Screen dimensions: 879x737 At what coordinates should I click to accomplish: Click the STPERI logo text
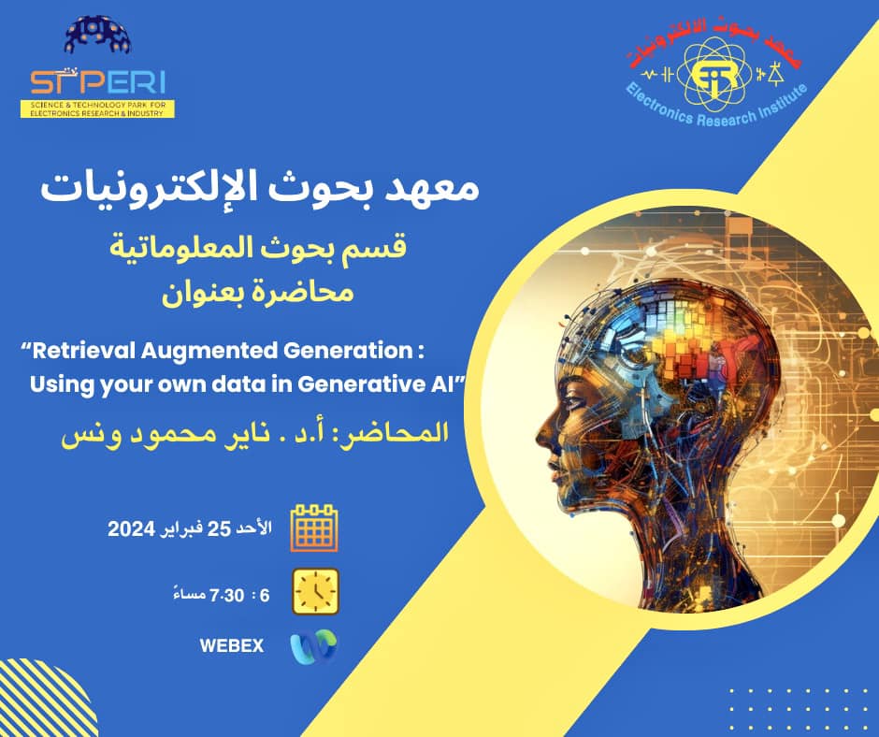tap(97, 83)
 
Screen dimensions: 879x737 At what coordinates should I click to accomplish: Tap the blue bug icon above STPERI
tap(97, 35)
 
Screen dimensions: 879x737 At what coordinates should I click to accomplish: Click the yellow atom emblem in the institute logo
tap(713, 75)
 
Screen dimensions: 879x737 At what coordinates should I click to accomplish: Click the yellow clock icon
tap(316, 591)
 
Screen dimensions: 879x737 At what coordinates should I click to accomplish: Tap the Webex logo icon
tap(314, 646)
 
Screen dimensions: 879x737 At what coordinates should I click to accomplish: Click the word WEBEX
tap(232, 645)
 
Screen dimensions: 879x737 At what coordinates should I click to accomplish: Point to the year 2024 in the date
tap(131, 529)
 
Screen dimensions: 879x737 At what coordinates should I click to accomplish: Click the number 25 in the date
tap(219, 529)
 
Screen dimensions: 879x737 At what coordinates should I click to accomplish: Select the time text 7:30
tap(226, 595)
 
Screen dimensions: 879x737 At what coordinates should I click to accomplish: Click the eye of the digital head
tap(574, 400)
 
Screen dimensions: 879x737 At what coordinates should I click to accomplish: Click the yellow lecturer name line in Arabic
tap(255, 434)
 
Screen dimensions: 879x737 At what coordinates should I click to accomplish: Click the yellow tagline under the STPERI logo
tap(97, 108)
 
